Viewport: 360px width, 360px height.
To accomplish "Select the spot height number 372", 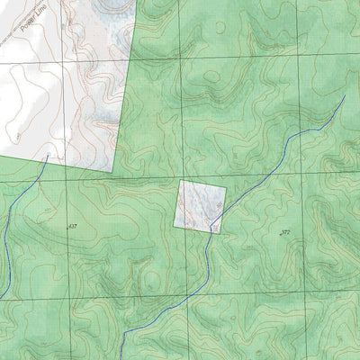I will click(x=285, y=232).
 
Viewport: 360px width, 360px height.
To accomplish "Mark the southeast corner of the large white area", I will click(x=117, y=174).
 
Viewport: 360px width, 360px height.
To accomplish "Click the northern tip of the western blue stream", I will click(x=47, y=156).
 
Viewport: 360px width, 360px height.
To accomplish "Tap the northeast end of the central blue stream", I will click(x=345, y=96).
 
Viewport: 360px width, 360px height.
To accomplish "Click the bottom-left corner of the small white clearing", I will click(x=175, y=225).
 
